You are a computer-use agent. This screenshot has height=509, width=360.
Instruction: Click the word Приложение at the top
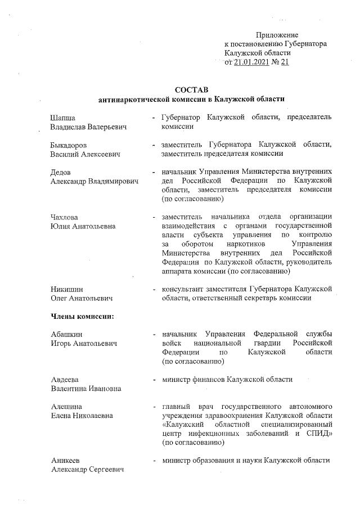click(x=277, y=35)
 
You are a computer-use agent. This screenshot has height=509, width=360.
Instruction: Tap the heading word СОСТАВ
click(x=191, y=90)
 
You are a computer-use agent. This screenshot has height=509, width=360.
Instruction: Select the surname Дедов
click(x=61, y=172)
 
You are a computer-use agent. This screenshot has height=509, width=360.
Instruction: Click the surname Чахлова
click(x=65, y=217)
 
